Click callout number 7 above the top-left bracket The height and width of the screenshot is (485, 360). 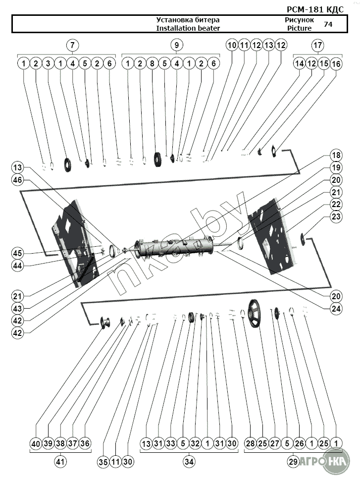point(72,45)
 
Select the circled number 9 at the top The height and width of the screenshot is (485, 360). point(176,45)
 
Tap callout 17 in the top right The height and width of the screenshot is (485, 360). point(317,45)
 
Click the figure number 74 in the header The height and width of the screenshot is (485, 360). point(328,24)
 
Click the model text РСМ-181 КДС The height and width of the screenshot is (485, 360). point(315,9)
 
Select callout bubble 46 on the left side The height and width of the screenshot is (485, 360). point(18,181)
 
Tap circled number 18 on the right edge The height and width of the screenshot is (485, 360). point(337,156)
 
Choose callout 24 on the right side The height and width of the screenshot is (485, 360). point(337,308)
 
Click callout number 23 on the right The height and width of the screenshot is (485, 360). point(337,216)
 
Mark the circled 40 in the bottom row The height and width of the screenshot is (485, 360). point(35,443)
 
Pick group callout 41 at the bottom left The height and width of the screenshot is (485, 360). point(60,462)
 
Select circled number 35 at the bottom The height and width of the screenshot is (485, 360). point(103,462)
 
